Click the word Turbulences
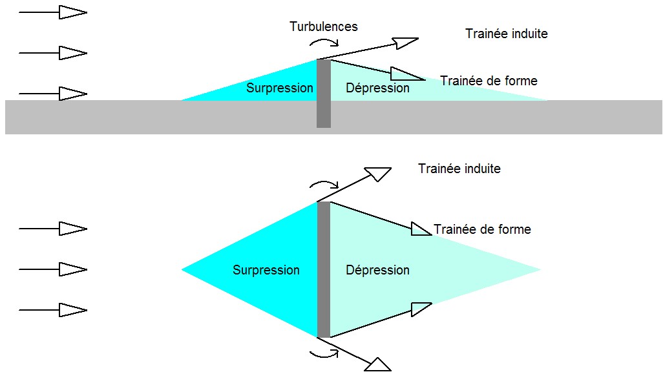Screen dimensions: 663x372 (x=323, y=26)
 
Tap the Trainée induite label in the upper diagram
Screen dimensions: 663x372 (x=506, y=34)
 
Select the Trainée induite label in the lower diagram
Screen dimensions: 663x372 (x=459, y=169)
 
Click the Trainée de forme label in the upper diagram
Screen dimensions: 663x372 (x=489, y=81)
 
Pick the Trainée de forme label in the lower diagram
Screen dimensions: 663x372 (x=482, y=229)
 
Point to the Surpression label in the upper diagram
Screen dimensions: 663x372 (x=280, y=88)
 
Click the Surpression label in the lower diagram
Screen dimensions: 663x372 (x=266, y=270)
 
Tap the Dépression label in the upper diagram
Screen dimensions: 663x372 (x=377, y=88)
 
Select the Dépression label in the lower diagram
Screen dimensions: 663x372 (x=377, y=270)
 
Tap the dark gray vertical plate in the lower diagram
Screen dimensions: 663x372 (x=324, y=269)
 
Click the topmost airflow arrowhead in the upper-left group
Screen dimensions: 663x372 (x=72, y=12)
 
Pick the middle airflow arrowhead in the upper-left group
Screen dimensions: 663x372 (x=72, y=53)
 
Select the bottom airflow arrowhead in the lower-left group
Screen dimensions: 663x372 (x=72, y=310)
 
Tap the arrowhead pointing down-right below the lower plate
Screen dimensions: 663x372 (x=378, y=364)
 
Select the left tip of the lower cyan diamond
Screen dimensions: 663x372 (x=182, y=269)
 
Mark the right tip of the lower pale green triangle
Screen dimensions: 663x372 (x=539, y=269)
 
